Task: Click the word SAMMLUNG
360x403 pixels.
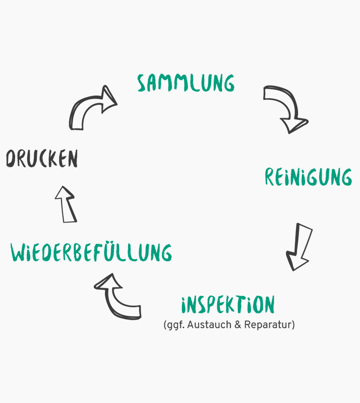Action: click(x=186, y=83)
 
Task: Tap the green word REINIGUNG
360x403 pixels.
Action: click(x=308, y=177)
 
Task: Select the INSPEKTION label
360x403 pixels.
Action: click(x=228, y=305)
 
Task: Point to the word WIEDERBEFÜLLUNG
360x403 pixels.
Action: click(x=91, y=252)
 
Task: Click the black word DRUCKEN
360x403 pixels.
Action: click(x=42, y=159)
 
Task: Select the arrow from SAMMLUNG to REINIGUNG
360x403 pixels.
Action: click(x=286, y=108)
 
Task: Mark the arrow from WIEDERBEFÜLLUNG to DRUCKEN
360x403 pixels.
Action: click(x=66, y=204)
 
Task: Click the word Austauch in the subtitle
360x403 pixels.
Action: click(x=205, y=325)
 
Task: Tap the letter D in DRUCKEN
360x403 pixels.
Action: click(x=11, y=159)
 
